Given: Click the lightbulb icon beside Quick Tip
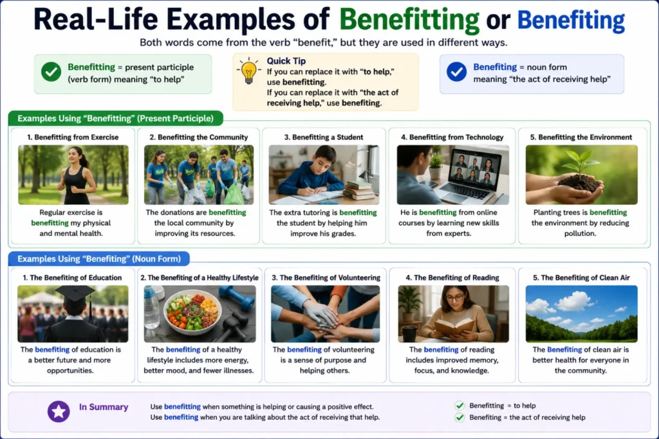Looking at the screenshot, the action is [248, 71].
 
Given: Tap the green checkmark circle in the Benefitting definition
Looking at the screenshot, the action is [51, 72].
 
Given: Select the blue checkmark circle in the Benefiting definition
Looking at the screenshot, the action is [456, 72].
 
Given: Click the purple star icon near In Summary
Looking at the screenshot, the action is [59, 411].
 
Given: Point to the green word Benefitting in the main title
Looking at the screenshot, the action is [409, 20].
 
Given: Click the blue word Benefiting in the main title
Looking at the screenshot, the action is [571, 20].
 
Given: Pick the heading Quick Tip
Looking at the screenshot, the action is [286, 61].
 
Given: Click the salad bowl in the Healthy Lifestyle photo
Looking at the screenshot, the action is [192, 312].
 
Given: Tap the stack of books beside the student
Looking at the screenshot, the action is [358, 190].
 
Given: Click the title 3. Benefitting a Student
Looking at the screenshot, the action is [324, 138].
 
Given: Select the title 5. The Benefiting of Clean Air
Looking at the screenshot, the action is [581, 278].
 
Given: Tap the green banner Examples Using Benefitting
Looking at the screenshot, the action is [116, 118].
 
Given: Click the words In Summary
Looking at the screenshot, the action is [104, 407].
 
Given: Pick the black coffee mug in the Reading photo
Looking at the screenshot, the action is [409, 334].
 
